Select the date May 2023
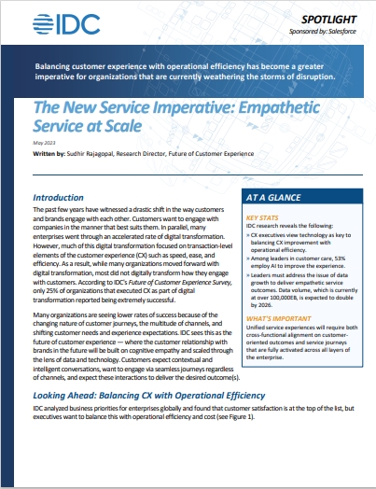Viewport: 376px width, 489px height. [x=43, y=140]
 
